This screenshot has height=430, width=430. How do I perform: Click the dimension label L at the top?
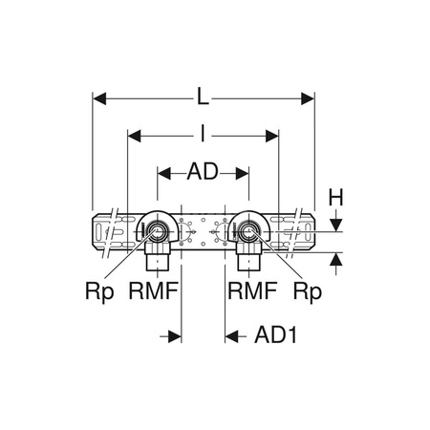(203, 97)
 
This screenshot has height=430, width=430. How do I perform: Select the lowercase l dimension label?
(203, 133)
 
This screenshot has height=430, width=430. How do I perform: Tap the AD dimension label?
(203, 171)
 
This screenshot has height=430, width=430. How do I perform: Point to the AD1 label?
(276, 334)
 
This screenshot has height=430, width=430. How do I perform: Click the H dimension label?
(335, 198)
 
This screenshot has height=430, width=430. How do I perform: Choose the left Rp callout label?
(99, 292)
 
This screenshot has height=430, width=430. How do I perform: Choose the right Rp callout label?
(307, 292)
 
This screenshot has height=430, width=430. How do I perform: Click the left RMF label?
(153, 290)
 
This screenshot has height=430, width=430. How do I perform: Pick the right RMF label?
(252, 290)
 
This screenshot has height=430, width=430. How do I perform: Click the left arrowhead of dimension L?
(99, 98)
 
